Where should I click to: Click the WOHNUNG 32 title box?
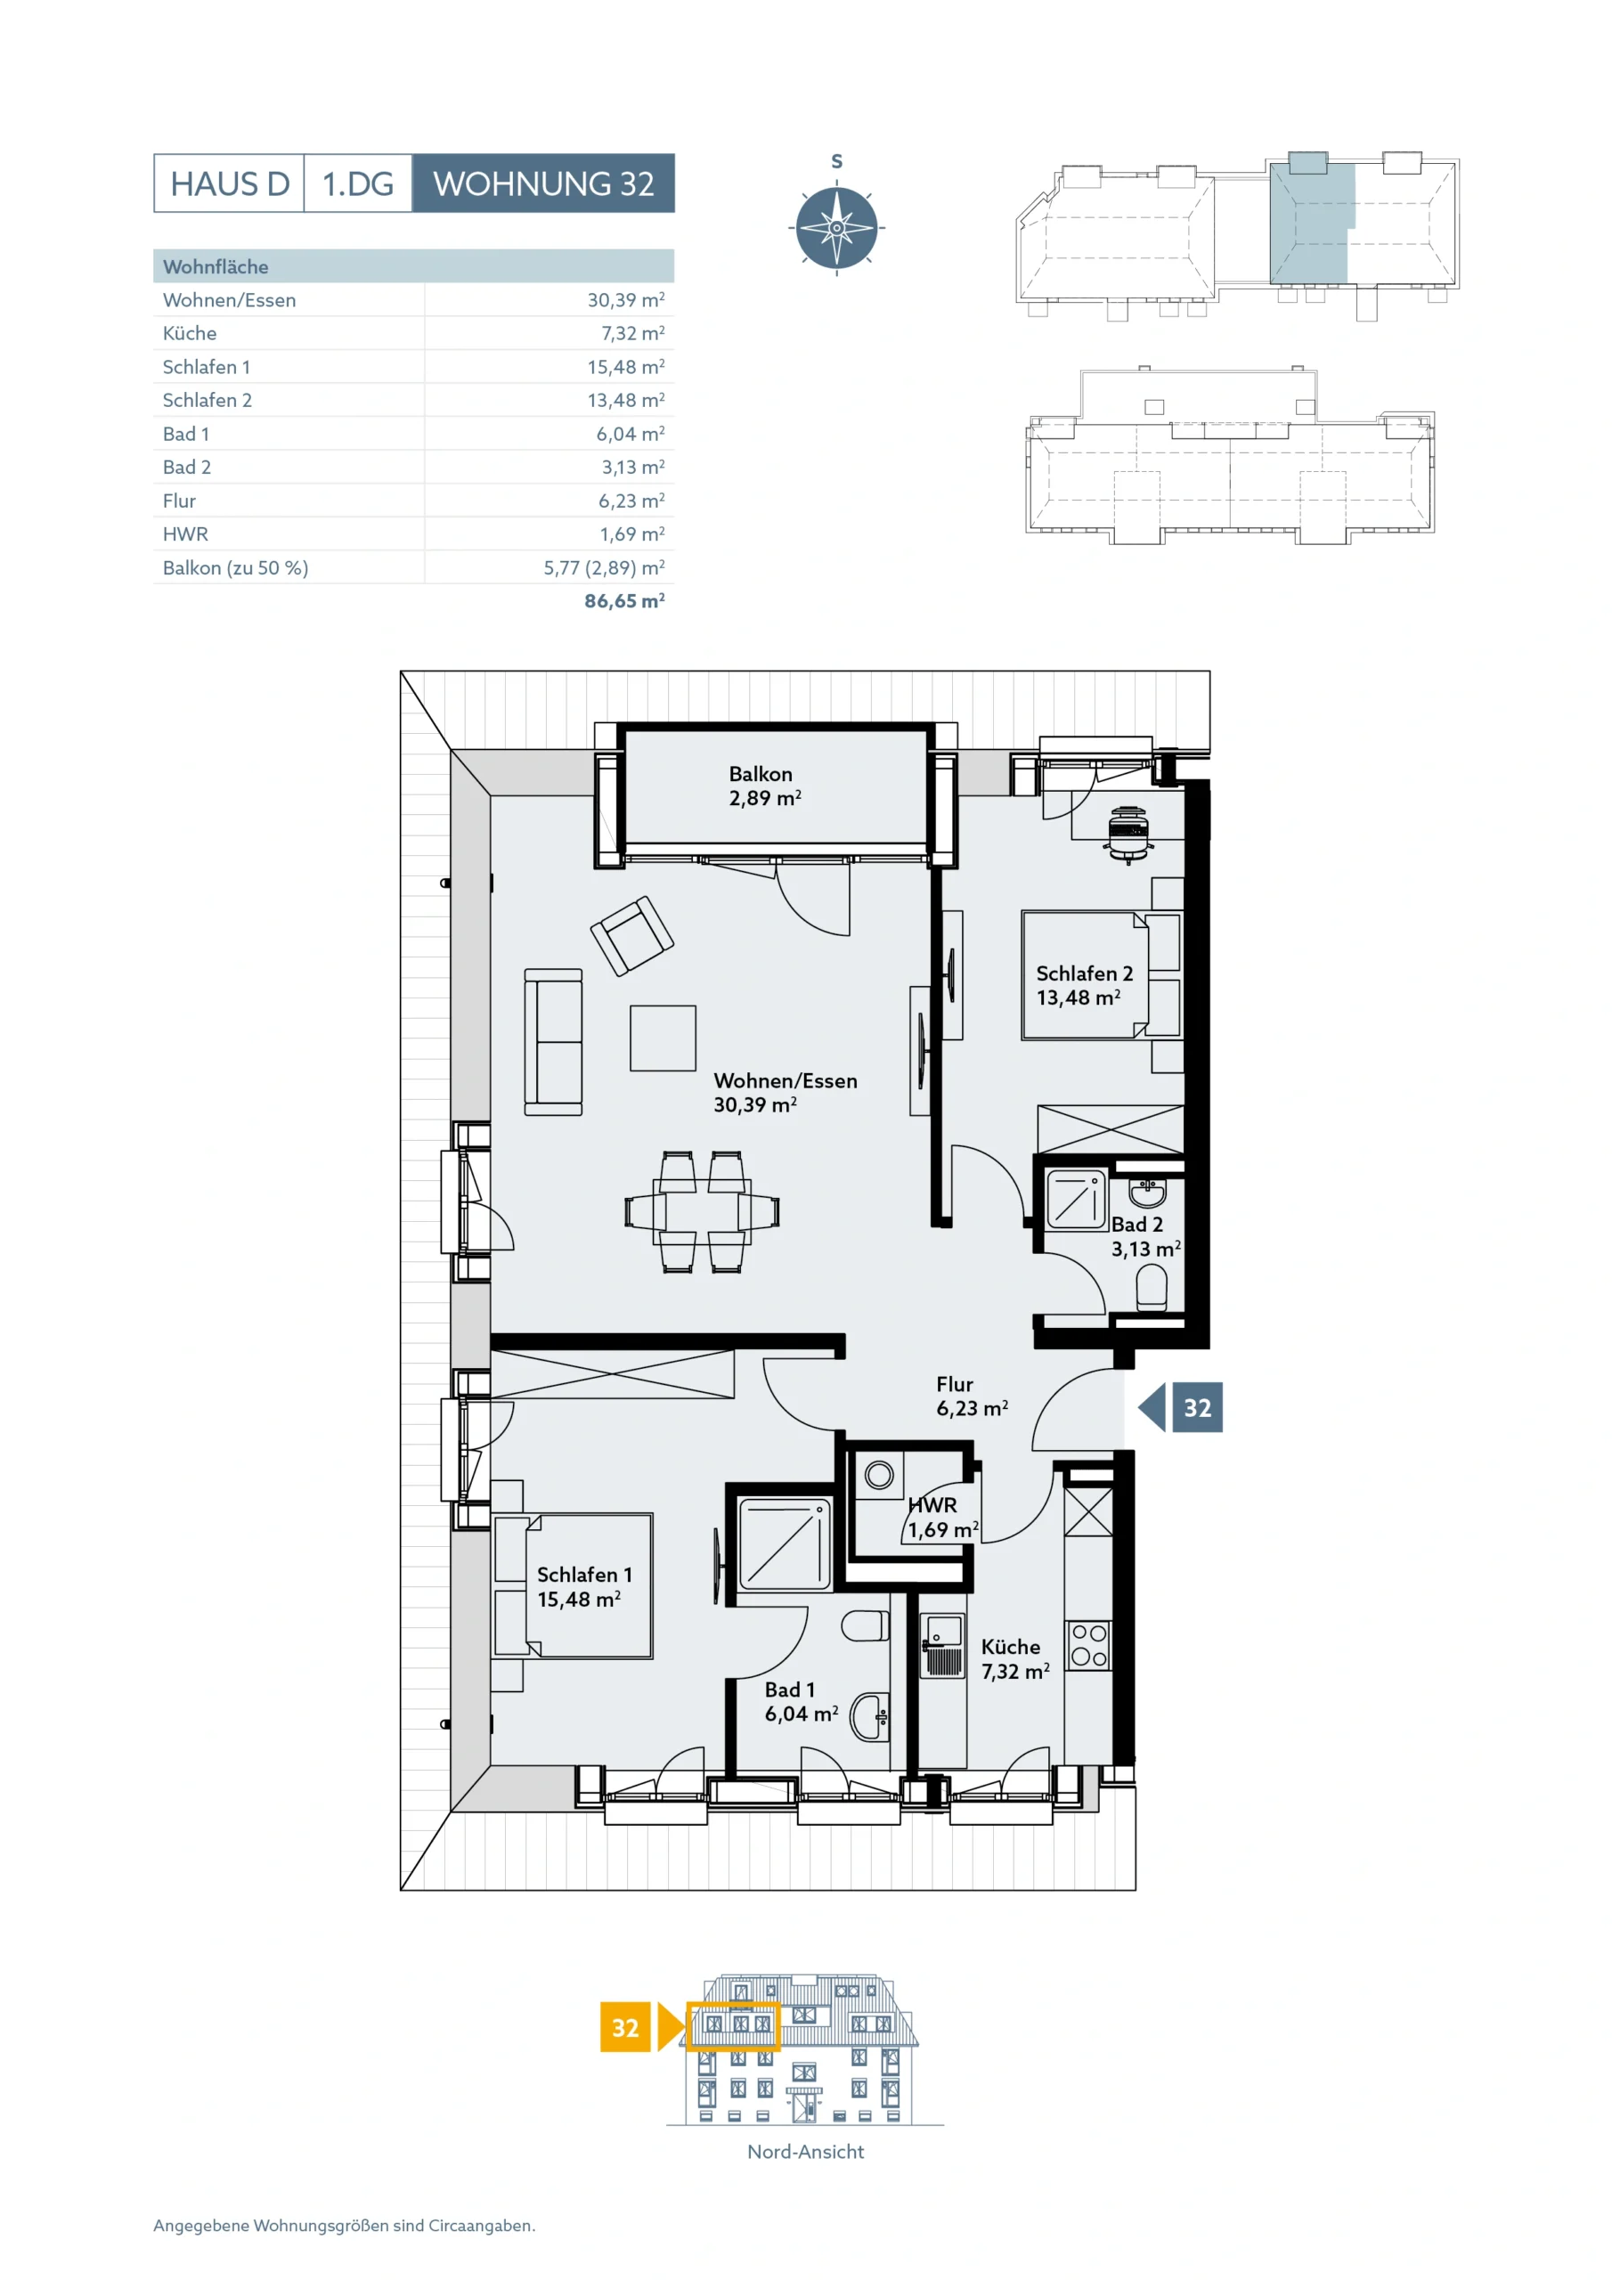coord(543,183)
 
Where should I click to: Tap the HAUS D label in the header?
coord(230,183)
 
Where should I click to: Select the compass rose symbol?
coord(836,228)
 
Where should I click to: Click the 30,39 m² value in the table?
coord(626,300)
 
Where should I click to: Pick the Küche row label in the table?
coord(190,334)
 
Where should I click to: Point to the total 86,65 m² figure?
coord(624,601)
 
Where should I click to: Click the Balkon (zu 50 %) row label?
coord(235,568)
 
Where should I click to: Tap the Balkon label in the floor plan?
coord(761,774)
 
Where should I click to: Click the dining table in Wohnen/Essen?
coord(702,1211)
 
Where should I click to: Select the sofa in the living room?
coord(553,1042)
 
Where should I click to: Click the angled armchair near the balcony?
coord(631,935)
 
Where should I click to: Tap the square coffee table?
coord(663,1038)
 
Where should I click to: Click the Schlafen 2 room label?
coord(1085,973)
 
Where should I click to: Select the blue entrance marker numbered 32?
coord(1181,1407)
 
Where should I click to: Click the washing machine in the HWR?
coord(879,1475)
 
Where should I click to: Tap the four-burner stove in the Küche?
coord(1088,1644)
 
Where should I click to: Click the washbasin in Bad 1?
coord(870,1716)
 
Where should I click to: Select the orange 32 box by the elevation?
coord(624,2027)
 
